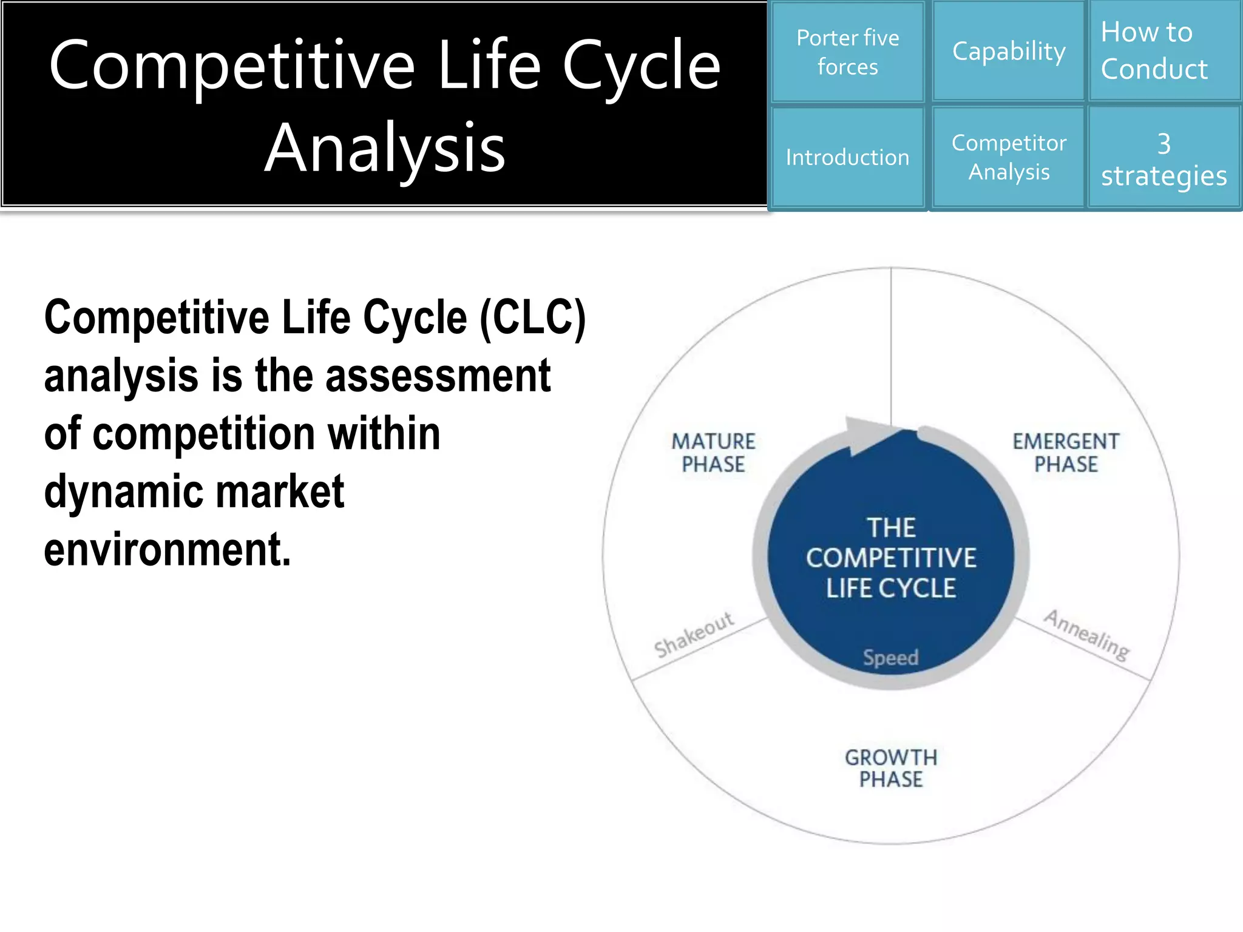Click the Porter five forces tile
click(847, 52)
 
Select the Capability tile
click(1008, 52)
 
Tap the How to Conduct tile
click(1164, 51)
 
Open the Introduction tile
click(847, 158)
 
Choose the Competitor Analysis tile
click(1008, 158)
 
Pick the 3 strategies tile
click(1164, 159)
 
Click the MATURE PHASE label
click(713, 453)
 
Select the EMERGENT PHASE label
click(1066, 453)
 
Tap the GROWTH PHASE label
click(891, 768)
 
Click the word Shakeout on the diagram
click(694, 635)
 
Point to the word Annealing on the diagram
click(1086, 635)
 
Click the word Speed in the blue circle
click(890, 658)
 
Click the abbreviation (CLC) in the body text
click(532, 318)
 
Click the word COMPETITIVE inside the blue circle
click(891, 558)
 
